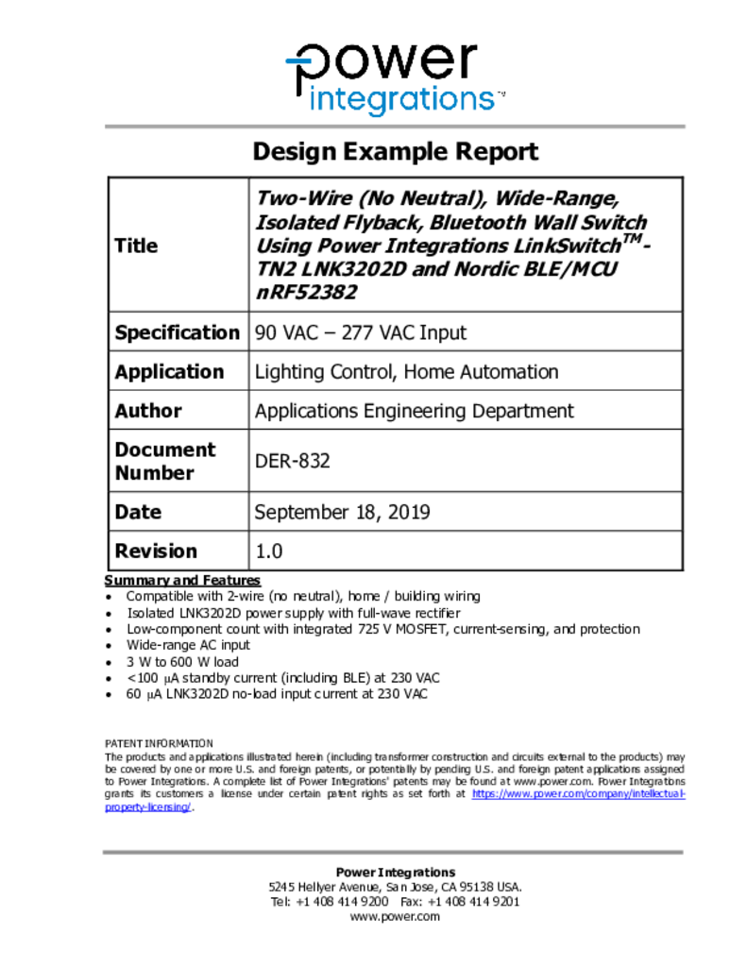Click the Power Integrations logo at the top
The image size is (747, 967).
pos(394,77)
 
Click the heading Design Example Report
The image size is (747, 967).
pos(395,151)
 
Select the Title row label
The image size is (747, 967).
pos(136,246)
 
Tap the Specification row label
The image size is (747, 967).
pos(177,332)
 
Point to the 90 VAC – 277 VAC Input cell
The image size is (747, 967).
pos(360,332)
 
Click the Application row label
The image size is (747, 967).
pos(169,371)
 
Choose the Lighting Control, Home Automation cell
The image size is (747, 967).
pos(406,371)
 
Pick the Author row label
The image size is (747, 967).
pos(148,411)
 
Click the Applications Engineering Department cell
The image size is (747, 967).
pos(414,411)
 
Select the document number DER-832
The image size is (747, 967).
pos(293,461)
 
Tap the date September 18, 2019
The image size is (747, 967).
pos(342,512)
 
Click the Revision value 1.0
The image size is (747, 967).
pos(269,551)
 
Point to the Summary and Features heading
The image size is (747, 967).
pos(182,580)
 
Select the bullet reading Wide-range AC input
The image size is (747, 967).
pos(188,645)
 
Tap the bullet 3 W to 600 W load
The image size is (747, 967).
pos(182,662)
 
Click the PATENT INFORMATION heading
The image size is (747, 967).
pos(159,743)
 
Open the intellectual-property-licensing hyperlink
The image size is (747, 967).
pos(578,795)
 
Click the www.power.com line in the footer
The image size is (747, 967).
pos(395,917)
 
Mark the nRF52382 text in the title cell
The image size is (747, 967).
pos(306,292)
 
